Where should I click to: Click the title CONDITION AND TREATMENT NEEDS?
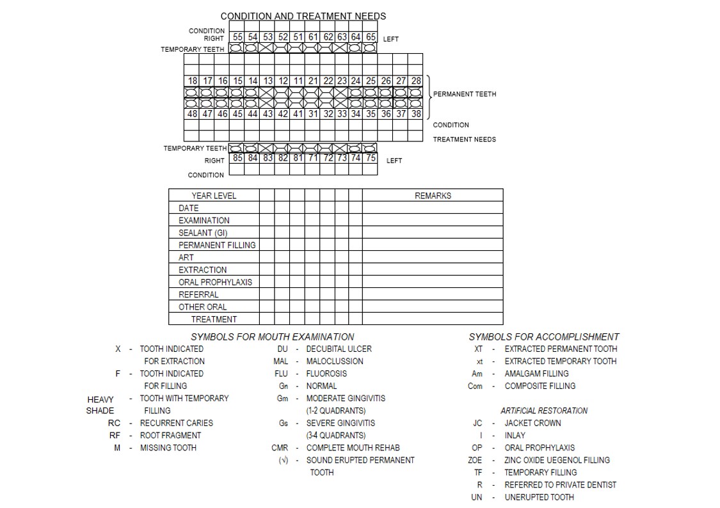303,16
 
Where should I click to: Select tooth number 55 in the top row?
237,38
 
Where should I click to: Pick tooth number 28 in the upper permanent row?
416,81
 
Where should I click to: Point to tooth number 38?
416,114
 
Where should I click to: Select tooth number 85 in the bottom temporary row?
237,158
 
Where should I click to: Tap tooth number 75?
371,158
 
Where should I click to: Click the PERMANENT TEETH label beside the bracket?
465,94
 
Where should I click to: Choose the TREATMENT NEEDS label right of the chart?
464,139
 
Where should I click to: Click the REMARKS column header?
433,196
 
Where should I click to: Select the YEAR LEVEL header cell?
214,196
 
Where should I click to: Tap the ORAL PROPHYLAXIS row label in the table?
215,282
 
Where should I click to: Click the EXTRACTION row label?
202,270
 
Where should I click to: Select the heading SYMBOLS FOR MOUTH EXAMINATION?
272,337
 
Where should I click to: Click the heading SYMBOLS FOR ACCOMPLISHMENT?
543,337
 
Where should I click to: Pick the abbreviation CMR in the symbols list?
280,448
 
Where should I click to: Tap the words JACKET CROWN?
532,423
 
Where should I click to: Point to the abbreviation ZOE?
475,460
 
